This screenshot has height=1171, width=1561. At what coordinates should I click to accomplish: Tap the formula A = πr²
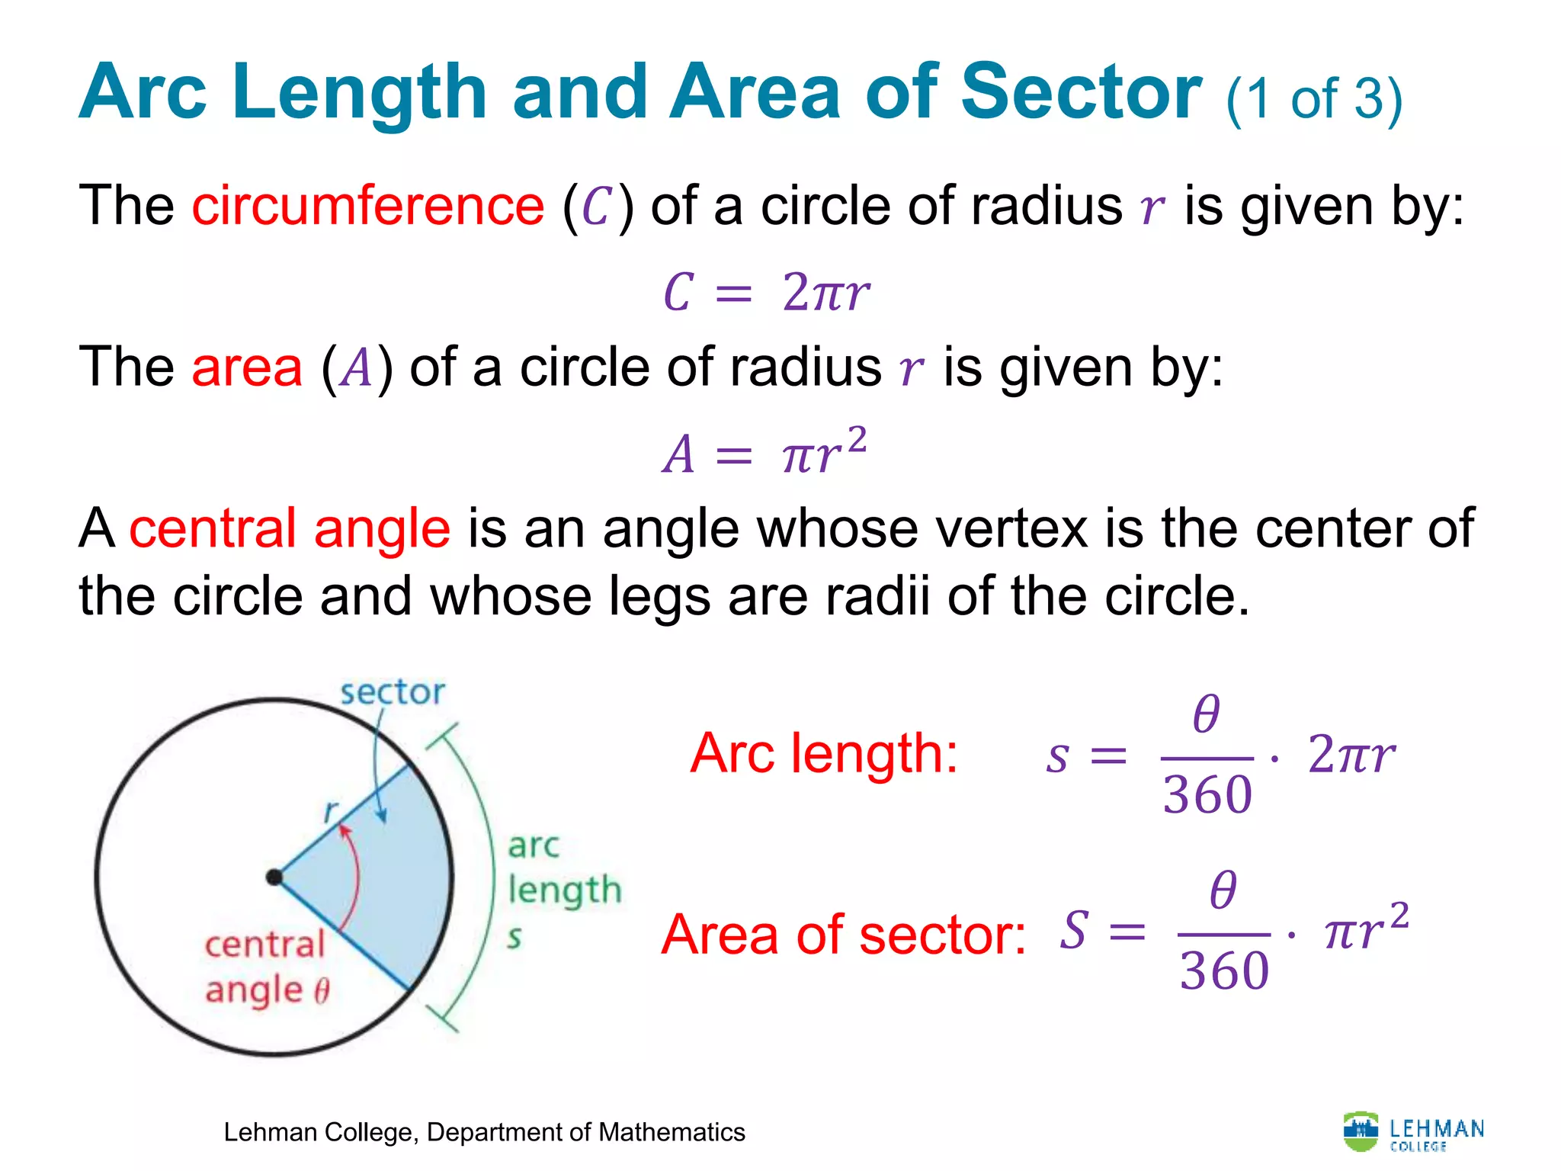(x=764, y=452)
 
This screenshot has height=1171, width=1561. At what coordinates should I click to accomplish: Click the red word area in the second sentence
(x=247, y=367)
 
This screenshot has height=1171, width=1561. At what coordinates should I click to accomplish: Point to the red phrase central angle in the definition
(x=290, y=528)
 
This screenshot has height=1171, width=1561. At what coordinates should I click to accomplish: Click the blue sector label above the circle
(x=392, y=693)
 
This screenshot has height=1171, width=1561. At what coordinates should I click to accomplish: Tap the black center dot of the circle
(x=274, y=877)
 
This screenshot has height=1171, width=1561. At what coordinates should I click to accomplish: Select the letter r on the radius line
(x=330, y=810)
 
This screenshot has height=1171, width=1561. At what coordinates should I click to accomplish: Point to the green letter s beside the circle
(x=514, y=937)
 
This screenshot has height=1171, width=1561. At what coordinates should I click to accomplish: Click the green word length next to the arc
(x=565, y=890)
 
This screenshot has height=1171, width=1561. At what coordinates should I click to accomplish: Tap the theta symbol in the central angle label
(x=322, y=990)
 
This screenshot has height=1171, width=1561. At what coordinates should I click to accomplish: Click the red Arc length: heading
(x=823, y=754)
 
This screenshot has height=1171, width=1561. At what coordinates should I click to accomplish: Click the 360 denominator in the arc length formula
(x=1207, y=794)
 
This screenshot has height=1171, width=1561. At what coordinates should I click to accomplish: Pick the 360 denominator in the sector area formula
(x=1224, y=970)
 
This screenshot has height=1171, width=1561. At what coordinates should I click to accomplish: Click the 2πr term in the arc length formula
(x=1351, y=755)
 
